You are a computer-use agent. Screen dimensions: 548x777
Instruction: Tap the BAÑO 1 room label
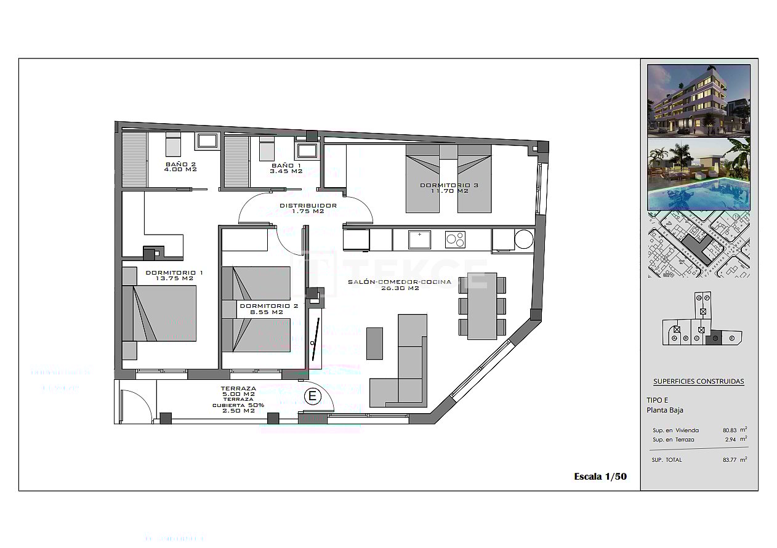286,168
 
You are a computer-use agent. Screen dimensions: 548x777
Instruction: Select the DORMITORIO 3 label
449,188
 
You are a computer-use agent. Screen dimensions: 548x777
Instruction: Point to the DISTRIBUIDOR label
308,208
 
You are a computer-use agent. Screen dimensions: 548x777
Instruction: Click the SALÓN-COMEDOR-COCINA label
399,284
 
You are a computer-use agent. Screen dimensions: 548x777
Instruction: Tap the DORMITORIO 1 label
174,275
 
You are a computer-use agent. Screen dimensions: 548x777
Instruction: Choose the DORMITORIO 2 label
268,308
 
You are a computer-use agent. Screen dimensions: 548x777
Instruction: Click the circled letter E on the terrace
312,396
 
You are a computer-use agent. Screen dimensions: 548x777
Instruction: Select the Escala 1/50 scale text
600,476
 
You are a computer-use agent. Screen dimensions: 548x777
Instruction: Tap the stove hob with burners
456,239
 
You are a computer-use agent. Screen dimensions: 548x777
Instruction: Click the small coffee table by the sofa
374,343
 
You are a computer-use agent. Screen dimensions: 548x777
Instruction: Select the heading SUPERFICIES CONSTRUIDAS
698,381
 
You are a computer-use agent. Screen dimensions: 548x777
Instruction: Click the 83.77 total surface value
731,460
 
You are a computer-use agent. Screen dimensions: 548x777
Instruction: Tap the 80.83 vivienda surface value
731,430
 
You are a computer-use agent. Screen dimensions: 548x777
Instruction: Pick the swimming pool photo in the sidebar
699,174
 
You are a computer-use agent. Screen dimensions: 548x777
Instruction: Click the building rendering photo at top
699,100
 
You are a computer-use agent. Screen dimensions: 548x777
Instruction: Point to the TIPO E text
657,400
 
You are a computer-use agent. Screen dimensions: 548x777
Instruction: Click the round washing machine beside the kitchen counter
524,239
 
